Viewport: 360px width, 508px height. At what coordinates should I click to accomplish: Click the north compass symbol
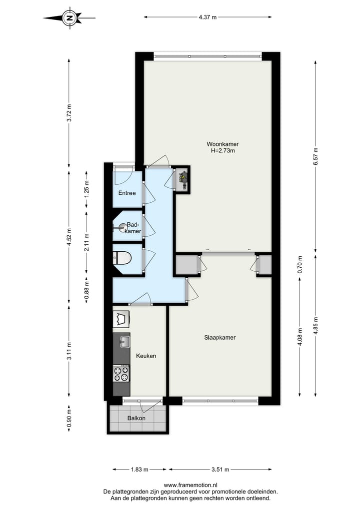[x=69, y=18]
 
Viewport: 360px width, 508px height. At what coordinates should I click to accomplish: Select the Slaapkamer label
[x=219, y=338]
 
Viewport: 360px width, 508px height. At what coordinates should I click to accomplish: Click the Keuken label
[x=146, y=356]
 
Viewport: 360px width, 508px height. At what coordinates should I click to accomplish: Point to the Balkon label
[x=136, y=418]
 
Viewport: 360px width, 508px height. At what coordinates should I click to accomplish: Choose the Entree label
[x=127, y=193]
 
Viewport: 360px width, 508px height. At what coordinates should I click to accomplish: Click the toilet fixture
[x=122, y=258]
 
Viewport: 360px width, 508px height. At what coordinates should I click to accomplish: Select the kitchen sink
[x=124, y=342]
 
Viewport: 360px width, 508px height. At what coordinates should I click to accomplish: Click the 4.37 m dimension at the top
[x=207, y=17]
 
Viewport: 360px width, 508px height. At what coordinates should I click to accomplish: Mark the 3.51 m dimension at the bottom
[x=220, y=470]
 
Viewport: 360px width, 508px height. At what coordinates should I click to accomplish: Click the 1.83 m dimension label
[x=139, y=470]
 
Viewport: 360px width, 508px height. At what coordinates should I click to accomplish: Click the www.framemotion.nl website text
[x=190, y=485]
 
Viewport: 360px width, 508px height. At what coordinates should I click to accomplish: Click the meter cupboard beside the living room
[x=182, y=179]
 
